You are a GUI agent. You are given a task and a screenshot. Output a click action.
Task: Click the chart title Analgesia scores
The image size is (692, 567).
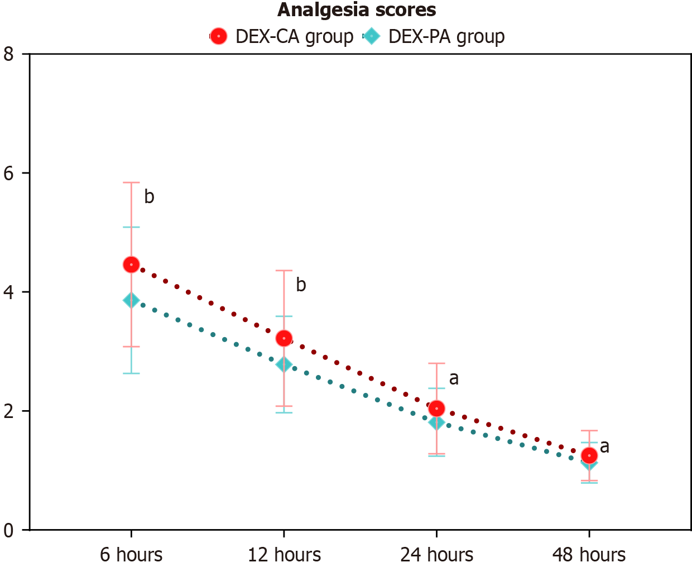[357, 10]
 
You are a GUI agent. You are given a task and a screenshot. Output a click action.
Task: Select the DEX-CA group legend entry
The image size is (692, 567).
[282, 37]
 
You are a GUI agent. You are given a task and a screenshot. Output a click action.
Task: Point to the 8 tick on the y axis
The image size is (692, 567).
[8, 54]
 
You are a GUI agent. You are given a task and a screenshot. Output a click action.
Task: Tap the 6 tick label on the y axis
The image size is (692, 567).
[8, 173]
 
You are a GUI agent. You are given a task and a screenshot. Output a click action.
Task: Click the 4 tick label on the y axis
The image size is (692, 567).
[8, 292]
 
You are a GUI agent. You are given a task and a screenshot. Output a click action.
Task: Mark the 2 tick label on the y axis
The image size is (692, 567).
[8, 411]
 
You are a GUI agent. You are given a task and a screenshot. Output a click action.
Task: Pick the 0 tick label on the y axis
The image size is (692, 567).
[8, 530]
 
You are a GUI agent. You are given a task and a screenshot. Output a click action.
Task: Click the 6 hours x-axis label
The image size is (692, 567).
[131, 555]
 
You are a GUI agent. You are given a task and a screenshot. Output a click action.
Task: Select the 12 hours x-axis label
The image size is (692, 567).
[284, 555]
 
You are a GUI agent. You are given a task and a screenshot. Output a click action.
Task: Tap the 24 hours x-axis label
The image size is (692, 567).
[436, 555]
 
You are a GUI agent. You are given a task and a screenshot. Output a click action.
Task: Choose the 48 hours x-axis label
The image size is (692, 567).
[589, 555]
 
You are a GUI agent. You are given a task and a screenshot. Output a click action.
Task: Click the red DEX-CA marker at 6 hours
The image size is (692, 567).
[131, 265]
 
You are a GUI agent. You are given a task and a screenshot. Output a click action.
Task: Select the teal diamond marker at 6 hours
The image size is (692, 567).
[131, 301]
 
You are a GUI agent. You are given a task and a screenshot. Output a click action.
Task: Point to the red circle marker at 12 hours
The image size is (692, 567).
[284, 338]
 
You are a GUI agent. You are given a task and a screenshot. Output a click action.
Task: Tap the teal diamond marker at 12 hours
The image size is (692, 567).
[283, 364]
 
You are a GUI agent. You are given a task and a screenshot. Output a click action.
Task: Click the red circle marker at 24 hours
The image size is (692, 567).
[436, 409]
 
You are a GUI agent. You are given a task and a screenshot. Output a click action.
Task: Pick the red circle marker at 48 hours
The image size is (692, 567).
[589, 455]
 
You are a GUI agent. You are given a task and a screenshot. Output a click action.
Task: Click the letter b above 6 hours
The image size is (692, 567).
[149, 196]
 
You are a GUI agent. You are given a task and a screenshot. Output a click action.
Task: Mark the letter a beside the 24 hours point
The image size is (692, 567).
[454, 378]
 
